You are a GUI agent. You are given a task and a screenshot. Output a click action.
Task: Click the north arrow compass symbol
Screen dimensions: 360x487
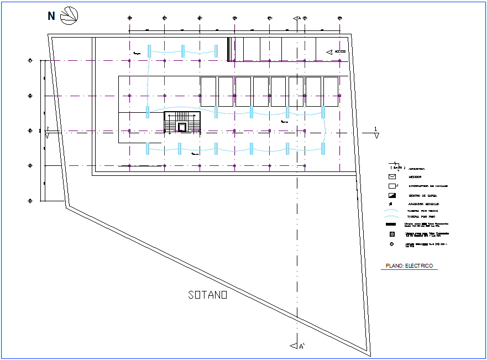point(70,15)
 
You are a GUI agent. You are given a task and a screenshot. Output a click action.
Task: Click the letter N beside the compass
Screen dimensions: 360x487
point(51,16)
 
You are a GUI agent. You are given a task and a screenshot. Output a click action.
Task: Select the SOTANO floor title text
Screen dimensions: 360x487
point(207,295)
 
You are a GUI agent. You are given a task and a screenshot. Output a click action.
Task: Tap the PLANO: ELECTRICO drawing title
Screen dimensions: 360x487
point(410,266)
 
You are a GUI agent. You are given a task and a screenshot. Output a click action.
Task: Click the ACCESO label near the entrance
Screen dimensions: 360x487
point(340,51)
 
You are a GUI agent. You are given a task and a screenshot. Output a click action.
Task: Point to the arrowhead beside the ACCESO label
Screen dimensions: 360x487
point(329,51)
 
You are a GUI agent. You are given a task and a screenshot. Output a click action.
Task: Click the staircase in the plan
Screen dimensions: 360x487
point(182,122)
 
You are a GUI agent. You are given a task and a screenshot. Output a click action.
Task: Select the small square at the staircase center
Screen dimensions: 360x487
point(182,127)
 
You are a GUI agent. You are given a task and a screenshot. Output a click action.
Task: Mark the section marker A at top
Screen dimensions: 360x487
point(297,18)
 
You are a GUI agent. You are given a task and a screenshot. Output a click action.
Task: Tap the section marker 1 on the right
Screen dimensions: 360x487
point(376,132)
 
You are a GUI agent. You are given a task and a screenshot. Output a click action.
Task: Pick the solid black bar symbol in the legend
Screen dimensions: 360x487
point(392,225)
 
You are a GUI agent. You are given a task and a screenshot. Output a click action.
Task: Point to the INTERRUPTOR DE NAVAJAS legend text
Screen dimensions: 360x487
point(428,186)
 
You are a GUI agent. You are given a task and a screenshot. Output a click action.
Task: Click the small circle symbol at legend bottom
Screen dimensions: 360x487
point(392,244)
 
